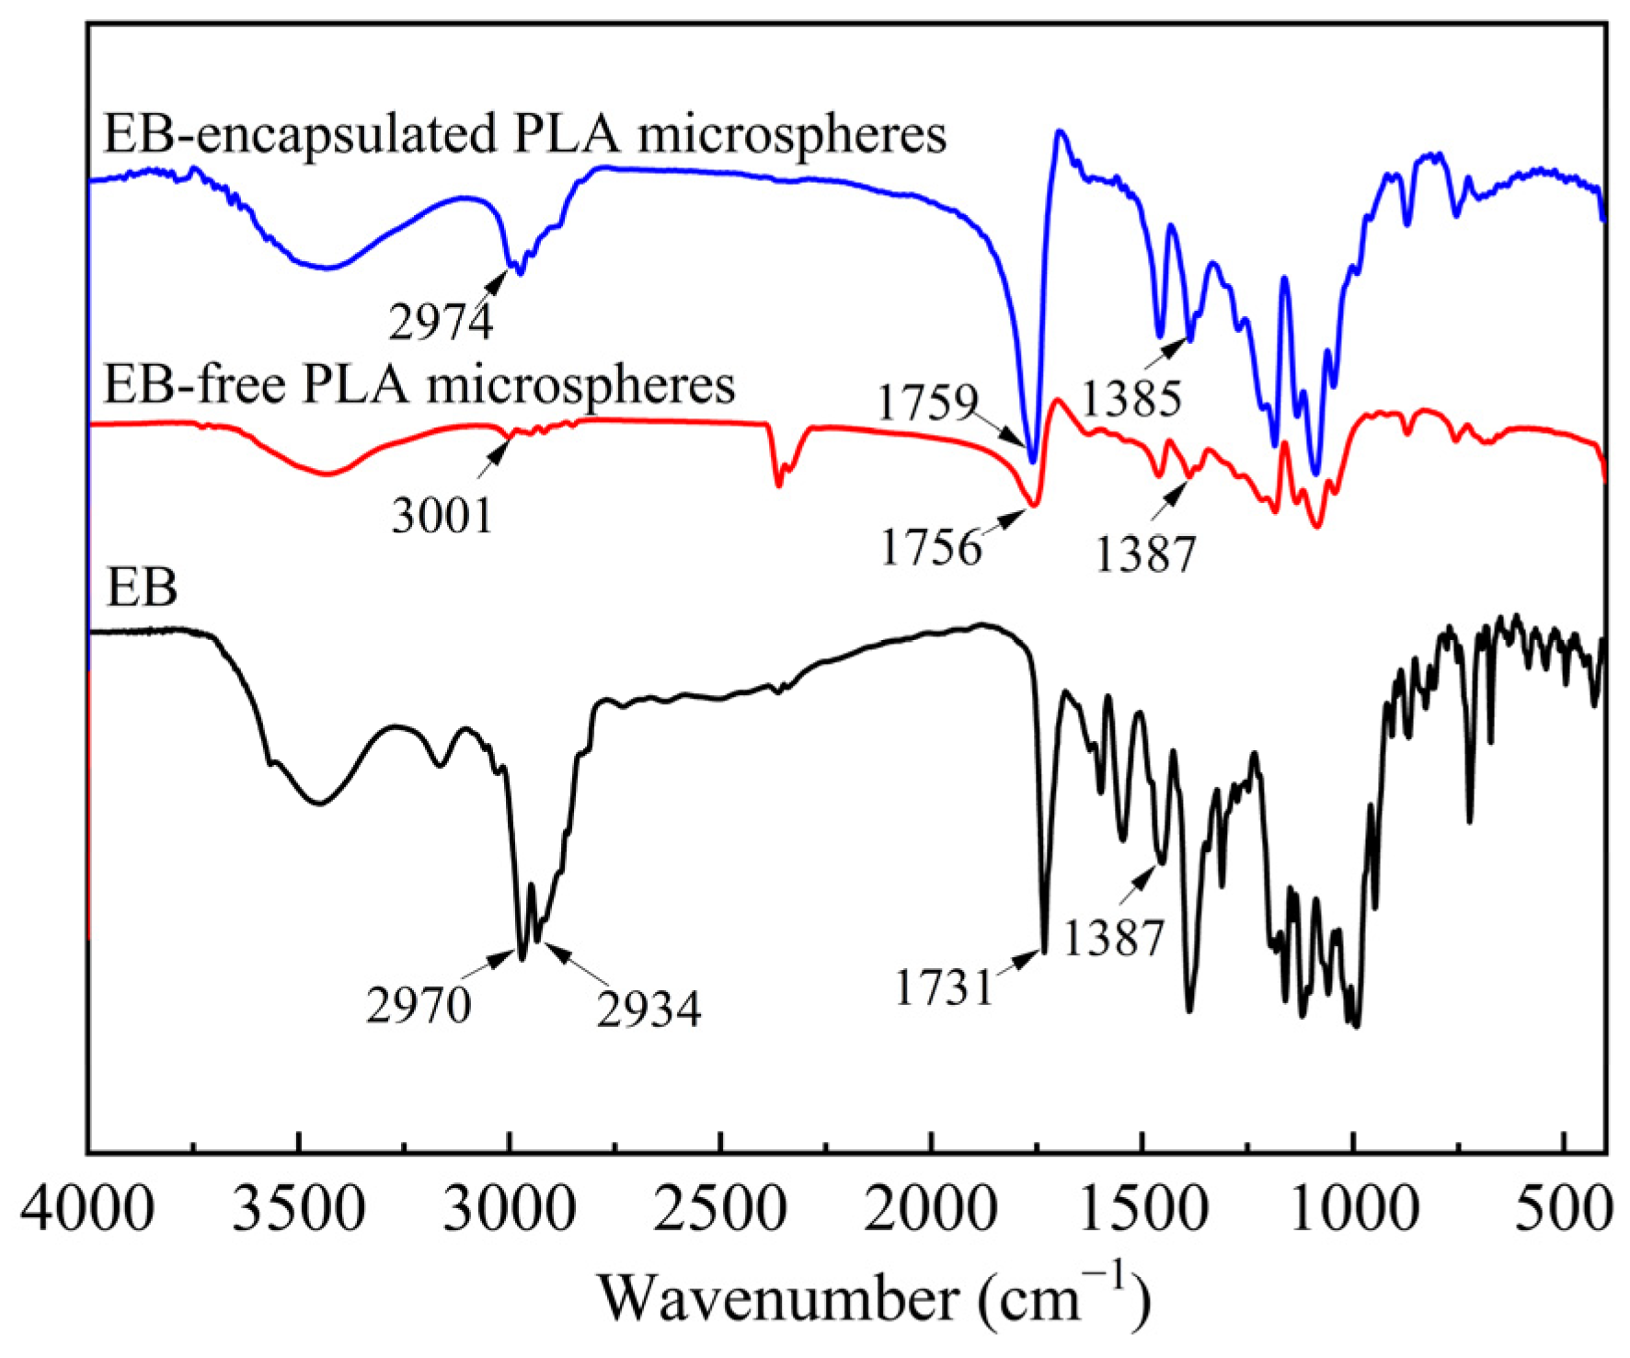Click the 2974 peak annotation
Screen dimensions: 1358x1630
441,322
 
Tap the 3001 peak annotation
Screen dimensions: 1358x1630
442,515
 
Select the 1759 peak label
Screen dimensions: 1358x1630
927,403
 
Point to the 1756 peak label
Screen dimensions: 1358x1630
931,548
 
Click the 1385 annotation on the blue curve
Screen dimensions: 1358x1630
1131,399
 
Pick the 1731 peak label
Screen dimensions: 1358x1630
945,988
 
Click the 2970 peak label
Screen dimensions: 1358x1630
419,1005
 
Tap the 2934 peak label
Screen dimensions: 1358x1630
649,1010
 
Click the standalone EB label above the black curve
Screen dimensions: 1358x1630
142,588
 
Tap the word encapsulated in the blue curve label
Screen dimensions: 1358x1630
347,136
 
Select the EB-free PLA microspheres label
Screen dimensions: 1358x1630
419,384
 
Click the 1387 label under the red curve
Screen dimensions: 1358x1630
1145,554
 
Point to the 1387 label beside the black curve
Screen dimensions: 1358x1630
1114,938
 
